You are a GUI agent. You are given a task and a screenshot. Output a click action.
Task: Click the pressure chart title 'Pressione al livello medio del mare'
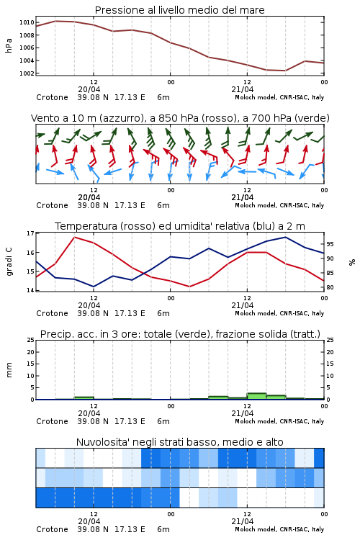[x=179, y=10]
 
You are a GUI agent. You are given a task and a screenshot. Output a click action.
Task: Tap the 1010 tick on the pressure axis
[x=27, y=22]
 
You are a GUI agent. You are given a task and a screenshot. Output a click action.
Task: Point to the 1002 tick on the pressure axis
[x=27, y=73]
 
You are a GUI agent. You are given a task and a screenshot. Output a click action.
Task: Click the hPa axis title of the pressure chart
[x=9, y=45]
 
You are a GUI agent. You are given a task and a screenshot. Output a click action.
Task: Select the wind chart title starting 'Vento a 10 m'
[x=180, y=118]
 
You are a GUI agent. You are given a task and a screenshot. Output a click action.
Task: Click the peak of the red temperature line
[x=74, y=237]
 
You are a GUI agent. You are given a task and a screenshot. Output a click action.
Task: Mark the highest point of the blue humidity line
[x=285, y=237]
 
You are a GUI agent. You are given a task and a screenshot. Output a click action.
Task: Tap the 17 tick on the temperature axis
[x=30, y=233]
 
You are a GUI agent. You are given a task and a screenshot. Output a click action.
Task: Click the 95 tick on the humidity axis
[x=330, y=244]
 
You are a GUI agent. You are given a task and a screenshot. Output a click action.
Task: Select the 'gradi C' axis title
[x=9, y=261]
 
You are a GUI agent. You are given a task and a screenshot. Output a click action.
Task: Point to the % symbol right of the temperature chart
[x=352, y=262]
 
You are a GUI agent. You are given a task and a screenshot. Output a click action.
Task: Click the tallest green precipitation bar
[x=256, y=396]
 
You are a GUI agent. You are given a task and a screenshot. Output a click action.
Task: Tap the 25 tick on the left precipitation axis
[x=30, y=340]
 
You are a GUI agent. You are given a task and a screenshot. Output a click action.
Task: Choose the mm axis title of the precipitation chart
[x=9, y=370]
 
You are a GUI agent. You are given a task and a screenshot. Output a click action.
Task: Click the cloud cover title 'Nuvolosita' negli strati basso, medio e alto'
[x=179, y=442]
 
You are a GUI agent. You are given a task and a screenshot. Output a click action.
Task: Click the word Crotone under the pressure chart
[x=52, y=97]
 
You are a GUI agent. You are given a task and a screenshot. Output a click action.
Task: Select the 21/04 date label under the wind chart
[x=242, y=197]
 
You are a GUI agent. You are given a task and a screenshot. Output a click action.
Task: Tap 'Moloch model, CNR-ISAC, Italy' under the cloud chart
[x=279, y=529]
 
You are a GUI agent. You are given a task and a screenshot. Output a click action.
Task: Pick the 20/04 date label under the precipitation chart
[x=89, y=413]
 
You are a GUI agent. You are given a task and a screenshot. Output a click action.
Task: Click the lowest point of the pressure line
[x=285, y=71]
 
